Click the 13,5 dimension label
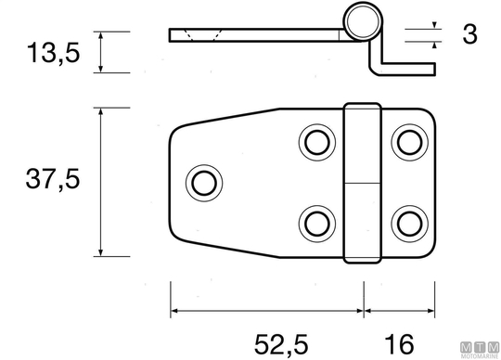53,53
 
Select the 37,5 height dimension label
53,179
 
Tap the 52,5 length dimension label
281,344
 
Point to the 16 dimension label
399,344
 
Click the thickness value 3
469,33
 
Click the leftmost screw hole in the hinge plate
204,183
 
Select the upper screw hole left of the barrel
317,143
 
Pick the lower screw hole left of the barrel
317,224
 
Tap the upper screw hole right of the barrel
410,143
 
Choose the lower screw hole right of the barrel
410,224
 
